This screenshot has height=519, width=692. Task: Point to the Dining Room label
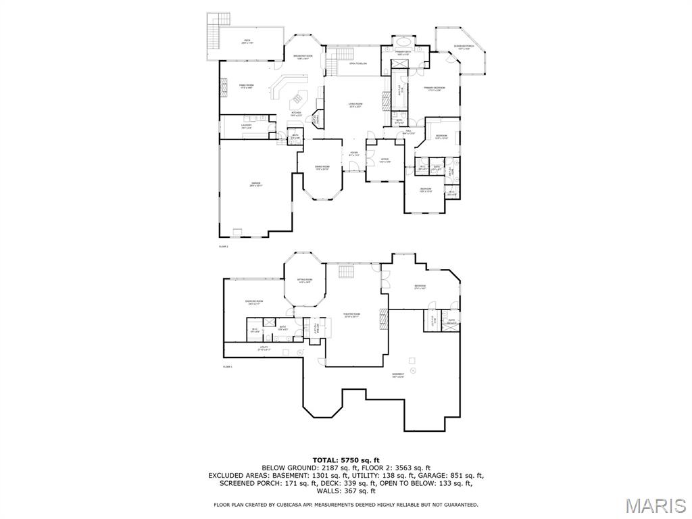(322, 168)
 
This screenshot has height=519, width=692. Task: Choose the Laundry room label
(246, 126)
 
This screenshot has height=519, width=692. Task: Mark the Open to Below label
(357, 64)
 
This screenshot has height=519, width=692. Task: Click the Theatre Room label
(352, 315)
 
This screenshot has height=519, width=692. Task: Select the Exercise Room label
(254, 302)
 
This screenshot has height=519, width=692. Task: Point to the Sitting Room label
(305, 280)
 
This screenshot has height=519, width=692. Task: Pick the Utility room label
(264, 349)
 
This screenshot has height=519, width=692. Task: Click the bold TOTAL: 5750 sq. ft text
(345, 460)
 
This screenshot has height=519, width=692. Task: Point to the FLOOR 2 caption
(224, 247)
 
